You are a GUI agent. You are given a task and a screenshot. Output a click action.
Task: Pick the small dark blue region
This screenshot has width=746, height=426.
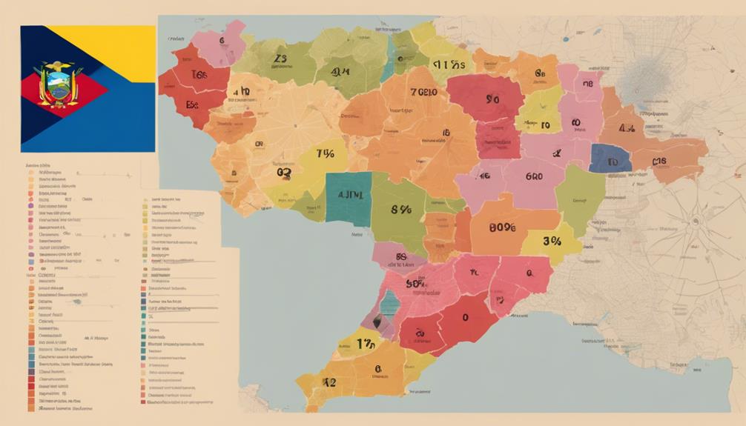[610, 159]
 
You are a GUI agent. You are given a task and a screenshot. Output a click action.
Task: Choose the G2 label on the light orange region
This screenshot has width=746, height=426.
[283, 172]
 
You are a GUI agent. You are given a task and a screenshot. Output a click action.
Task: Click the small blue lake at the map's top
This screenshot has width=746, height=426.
[567, 37]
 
